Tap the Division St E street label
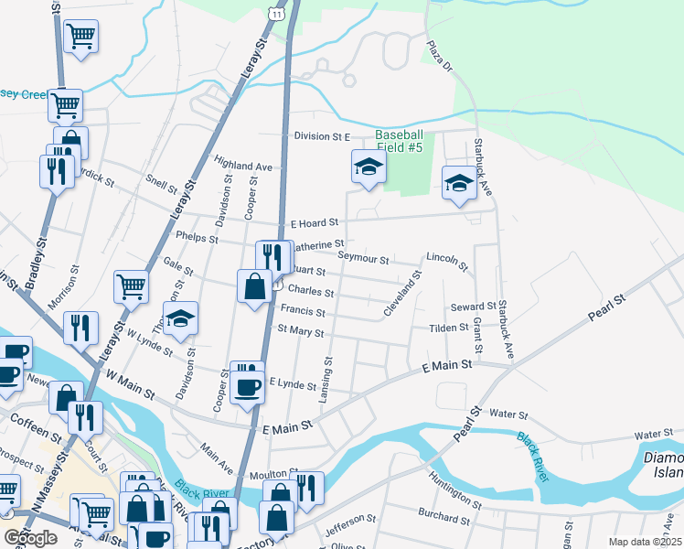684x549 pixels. click(x=323, y=136)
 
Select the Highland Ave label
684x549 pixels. click(x=244, y=167)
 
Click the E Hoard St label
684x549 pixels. click(x=315, y=222)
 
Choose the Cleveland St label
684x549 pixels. click(x=402, y=293)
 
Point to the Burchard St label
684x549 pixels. click(x=447, y=518)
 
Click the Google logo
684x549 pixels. click(x=31, y=538)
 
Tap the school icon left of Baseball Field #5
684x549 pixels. click(x=369, y=167)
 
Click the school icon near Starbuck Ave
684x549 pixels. click(x=458, y=182)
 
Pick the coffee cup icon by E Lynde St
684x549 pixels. click(x=245, y=384)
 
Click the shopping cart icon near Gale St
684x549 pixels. click(x=131, y=286)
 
